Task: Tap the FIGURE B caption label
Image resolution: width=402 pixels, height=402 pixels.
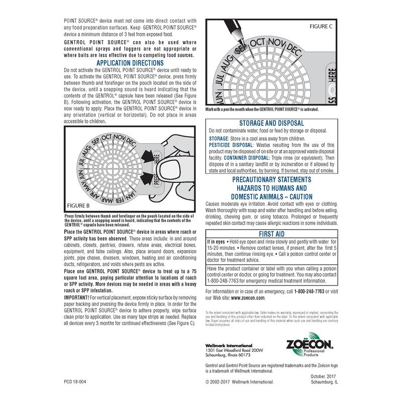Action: (78, 206)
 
